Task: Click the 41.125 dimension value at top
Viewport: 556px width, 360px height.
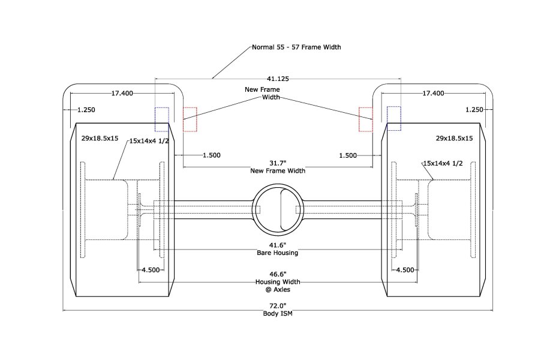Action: pyautogui.click(x=278, y=79)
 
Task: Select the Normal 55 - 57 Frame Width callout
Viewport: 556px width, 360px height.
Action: pyautogui.click(x=296, y=47)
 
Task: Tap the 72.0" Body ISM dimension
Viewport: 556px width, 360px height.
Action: pyautogui.click(x=278, y=310)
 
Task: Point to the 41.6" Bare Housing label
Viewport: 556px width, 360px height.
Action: pyautogui.click(x=278, y=249)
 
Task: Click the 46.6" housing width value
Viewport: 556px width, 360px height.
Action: pyautogui.click(x=278, y=274)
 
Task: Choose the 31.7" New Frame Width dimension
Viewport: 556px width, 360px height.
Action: pyautogui.click(x=278, y=167)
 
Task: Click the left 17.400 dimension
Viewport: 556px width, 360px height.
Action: pyautogui.click(x=122, y=93)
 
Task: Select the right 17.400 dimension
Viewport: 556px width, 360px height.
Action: pyautogui.click(x=433, y=93)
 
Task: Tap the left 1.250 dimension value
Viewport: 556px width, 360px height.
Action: pyautogui.click(x=86, y=110)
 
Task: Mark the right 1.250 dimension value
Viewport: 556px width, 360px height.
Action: pyautogui.click(x=474, y=110)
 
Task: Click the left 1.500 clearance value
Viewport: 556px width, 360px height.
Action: pyautogui.click(x=212, y=155)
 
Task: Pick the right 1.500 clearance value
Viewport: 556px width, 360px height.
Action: pyautogui.click(x=348, y=156)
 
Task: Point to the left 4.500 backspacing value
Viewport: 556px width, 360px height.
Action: pyautogui.click(x=151, y=270)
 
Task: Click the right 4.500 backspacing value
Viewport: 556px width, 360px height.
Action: pyautogui.click(x=405, y=270)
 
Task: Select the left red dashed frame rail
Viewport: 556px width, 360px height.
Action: pyautogui.click(x=190, y=119)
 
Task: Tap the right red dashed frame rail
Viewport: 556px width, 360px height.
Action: pyautogui.click(x=366, y=119)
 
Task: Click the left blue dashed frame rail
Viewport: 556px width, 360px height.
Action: pyautogui.click(x=162, y=119)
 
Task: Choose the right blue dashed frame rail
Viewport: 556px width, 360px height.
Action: pyautogui.click(x=393, y=118)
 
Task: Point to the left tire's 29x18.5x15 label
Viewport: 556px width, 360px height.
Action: pyautogui.click(x=100, y=139)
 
